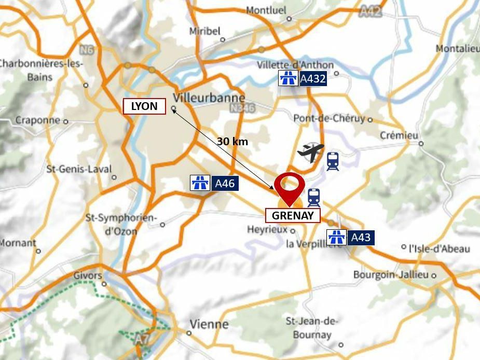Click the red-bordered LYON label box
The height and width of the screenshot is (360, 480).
(144, 106)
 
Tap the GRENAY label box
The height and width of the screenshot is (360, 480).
(293, 215)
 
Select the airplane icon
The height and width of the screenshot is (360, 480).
(311, 153)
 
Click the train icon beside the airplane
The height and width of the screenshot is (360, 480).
(333, 161)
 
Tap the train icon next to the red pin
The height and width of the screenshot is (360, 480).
(314, 198)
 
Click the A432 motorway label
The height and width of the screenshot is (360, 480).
(313, 79)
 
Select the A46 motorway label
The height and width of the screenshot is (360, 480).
(225, 183)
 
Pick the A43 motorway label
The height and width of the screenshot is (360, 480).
(361, 238)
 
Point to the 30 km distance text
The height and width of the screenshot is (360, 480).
(232, 141)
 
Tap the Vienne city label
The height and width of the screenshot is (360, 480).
(209, 324)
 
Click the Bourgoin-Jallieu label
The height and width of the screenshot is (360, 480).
(391, 274)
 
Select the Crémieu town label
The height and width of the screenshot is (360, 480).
(399, 135)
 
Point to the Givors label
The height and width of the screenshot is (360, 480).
(88, 275)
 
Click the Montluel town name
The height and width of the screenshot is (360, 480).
(266, 10)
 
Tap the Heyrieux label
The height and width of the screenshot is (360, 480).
(267, 229)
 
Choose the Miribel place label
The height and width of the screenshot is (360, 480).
(204, 31)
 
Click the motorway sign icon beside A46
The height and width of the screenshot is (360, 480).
(200, 183)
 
